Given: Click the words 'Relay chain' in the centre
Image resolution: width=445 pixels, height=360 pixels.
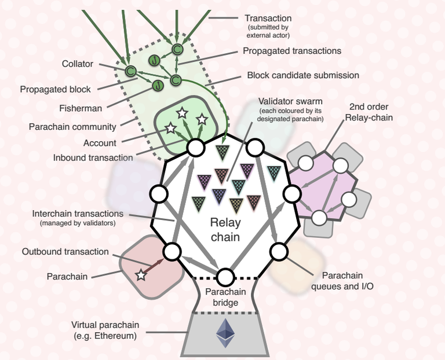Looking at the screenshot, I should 225,229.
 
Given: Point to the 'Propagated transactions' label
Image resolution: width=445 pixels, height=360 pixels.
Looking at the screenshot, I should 292,51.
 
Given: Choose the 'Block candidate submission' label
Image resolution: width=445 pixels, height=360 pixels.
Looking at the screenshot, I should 303,75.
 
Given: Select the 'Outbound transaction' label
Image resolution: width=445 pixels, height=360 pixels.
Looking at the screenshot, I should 65,252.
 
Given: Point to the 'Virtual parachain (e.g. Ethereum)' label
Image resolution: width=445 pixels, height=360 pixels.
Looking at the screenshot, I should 105,330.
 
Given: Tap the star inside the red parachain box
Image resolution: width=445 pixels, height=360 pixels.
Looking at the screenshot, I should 141,275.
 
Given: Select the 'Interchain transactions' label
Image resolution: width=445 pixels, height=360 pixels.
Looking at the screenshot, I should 78,214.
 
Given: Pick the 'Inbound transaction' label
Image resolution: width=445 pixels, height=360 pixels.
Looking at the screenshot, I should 93,157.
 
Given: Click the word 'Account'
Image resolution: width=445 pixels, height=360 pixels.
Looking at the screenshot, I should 100,143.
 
